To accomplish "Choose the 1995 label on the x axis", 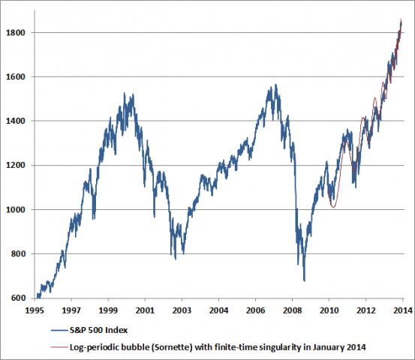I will click(35, 309).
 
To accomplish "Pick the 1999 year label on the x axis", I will click(108, 309).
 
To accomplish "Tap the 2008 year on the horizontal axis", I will click(291, 309).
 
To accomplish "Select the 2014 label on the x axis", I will click(401, 309).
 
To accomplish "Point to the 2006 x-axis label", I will click(254, 309).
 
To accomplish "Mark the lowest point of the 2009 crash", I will click(304, 280).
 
